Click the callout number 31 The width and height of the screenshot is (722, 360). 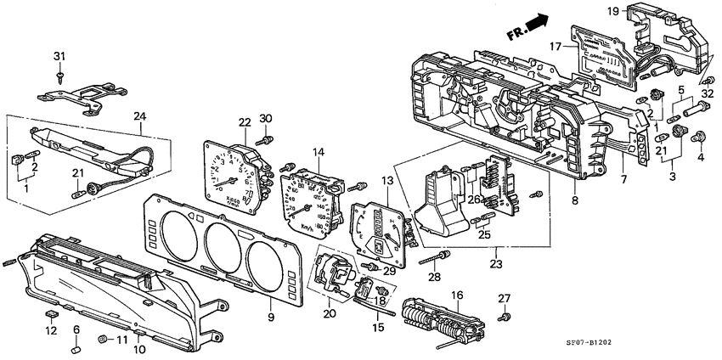point(59,57)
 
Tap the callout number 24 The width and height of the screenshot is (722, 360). point(140,115)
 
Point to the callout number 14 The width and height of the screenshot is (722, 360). point(319,153)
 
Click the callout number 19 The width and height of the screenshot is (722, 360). point(612,11)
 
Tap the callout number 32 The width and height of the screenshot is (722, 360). point(708,94)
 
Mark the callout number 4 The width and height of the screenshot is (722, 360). point(701,158)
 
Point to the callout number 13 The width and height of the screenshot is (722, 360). point(387,181)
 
